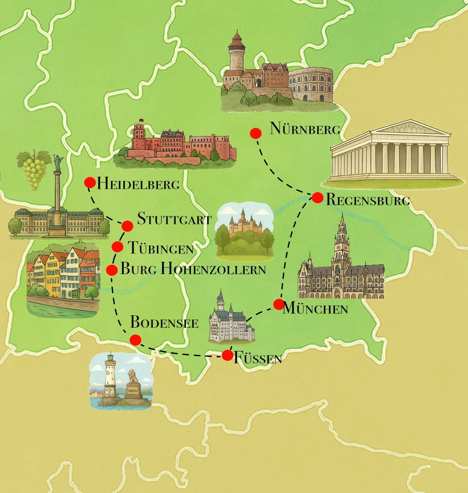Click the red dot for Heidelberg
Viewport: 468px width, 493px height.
point(90,183)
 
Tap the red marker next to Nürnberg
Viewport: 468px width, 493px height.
point(255,133)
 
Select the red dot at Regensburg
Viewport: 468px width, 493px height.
point(317,198)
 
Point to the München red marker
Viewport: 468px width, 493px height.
point(279,304)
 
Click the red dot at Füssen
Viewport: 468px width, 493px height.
point(228,355)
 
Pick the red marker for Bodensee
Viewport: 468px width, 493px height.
point(135,340)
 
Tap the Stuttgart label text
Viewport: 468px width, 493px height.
point(174,219)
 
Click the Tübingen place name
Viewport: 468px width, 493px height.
point(161,248)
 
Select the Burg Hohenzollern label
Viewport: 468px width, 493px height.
point(193,269)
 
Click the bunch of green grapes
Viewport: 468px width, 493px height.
point(34,170)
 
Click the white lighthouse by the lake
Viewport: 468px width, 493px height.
point(110,376)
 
